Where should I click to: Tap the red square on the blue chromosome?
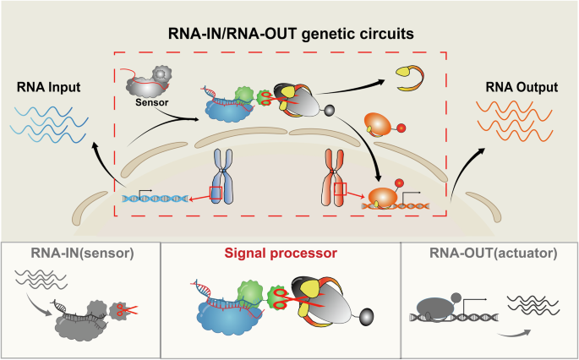[217, 194]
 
